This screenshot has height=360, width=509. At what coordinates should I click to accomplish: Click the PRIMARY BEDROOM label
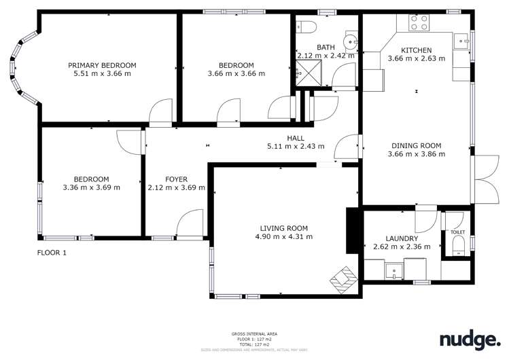pos(102,65)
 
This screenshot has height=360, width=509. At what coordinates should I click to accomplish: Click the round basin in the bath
pos(351,41)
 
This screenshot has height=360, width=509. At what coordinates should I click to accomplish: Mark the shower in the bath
pos(308,71)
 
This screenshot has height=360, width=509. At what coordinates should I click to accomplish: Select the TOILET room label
pos(457,232)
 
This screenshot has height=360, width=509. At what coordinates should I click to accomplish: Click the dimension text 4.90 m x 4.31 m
pos(283,237)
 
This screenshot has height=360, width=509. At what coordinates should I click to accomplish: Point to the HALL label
pos(295,138)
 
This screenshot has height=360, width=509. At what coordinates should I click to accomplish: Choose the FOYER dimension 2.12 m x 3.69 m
pos(176,188)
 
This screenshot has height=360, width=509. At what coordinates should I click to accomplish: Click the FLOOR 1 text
pos(52,253)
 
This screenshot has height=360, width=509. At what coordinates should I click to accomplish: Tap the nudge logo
pos(469,339)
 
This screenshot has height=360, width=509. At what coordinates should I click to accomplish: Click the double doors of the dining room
pos(483,179)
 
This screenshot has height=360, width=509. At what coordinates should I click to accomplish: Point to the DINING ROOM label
pos(416,145)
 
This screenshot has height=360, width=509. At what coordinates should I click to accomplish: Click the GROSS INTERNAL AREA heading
pos(253,334)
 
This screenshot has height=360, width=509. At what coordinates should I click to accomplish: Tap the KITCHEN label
pos(416,50)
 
